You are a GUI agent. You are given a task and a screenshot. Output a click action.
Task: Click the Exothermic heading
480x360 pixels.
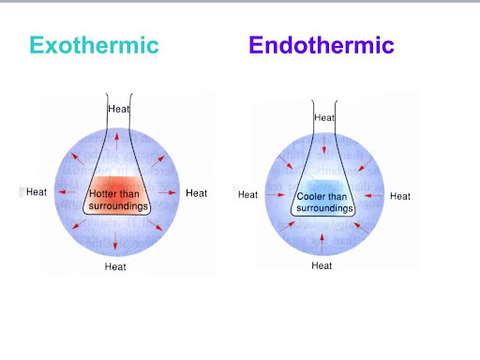(94, 45)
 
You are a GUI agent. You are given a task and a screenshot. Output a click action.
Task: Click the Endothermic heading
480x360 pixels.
(322, 45)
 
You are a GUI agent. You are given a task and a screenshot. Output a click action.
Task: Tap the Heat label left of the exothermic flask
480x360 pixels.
(37, 192)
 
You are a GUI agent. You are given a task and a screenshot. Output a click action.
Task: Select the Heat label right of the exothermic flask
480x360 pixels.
(196, 193)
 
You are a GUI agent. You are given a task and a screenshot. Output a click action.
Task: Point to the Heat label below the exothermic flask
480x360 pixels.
(115, 266)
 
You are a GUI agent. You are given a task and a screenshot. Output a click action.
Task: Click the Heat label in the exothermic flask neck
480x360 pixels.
(119, 109)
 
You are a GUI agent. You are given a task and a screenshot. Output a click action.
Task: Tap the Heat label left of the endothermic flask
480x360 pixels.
(247, 195)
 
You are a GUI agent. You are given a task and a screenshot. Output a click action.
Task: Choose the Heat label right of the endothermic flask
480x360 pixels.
(400, 196)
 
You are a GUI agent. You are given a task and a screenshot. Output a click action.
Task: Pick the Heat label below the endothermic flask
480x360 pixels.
(322, 265)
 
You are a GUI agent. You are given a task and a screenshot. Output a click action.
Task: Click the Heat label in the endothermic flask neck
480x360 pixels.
(324, 117)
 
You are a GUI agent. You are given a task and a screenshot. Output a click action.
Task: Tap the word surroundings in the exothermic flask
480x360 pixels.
(118, 206)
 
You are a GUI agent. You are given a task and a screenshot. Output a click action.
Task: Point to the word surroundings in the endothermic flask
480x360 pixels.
(324, 208)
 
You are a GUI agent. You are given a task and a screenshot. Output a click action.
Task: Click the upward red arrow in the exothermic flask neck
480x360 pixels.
(116, 142)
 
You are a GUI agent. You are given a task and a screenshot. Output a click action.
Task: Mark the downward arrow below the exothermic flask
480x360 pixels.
(115, 241)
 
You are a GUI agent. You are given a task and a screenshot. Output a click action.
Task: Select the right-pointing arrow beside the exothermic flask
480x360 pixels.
(168, 192)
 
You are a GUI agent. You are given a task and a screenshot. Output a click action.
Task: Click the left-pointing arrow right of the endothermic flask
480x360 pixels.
(373, 196)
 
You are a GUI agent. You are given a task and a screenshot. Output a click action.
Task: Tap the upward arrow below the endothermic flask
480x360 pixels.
(322, 243)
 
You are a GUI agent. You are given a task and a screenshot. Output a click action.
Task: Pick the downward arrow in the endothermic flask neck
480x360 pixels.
(324, 144)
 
